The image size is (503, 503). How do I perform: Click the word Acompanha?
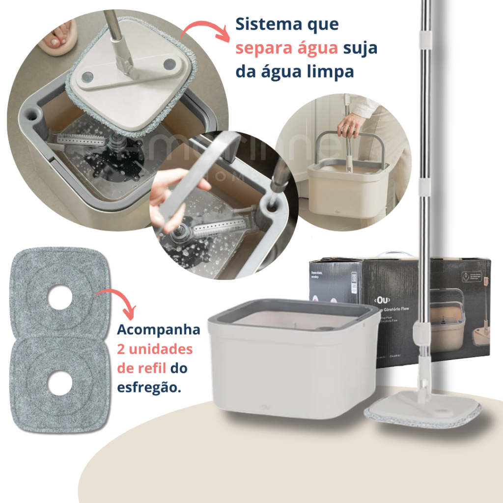(x=159, y=330)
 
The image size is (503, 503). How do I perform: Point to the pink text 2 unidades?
(x=155, y=349)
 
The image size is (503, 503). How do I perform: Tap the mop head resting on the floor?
(x=422, y=410)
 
